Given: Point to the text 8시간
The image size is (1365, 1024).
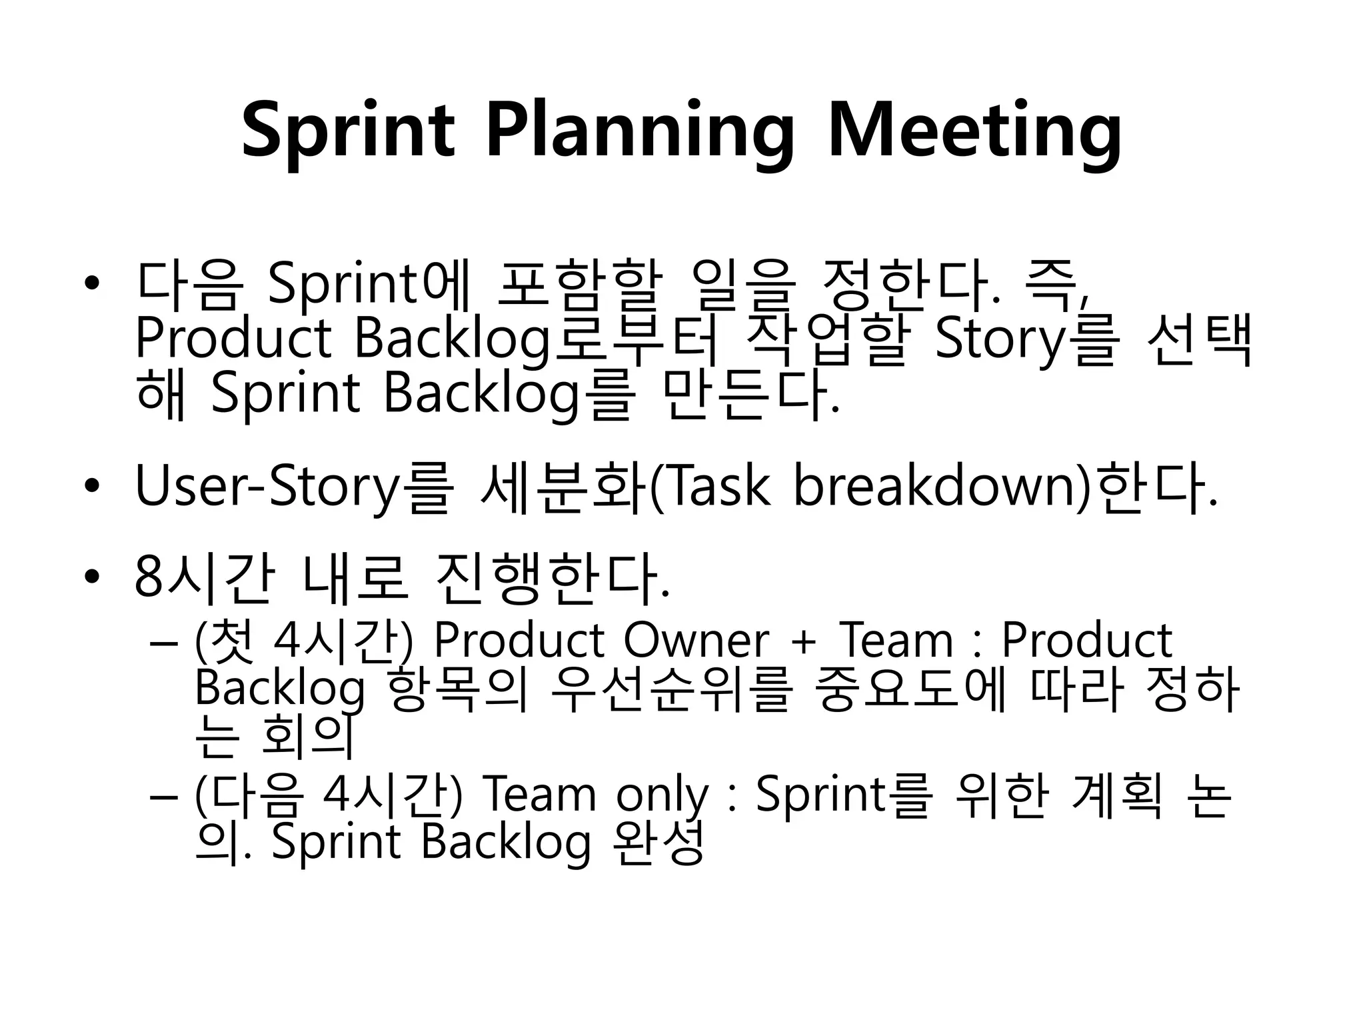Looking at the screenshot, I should pyautogui.click(x=203, y=577).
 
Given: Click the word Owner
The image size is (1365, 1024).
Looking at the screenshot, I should pyautogui.click(x=696, y=641).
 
